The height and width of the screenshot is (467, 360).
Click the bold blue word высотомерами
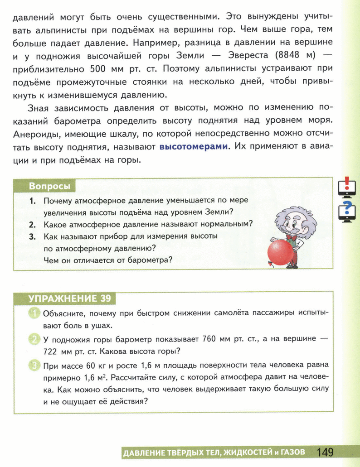point(193,147)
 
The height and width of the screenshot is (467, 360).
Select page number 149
point(325,452)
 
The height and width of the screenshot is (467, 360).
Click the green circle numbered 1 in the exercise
point(34,313)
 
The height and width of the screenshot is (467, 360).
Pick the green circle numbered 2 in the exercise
point(34,339)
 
